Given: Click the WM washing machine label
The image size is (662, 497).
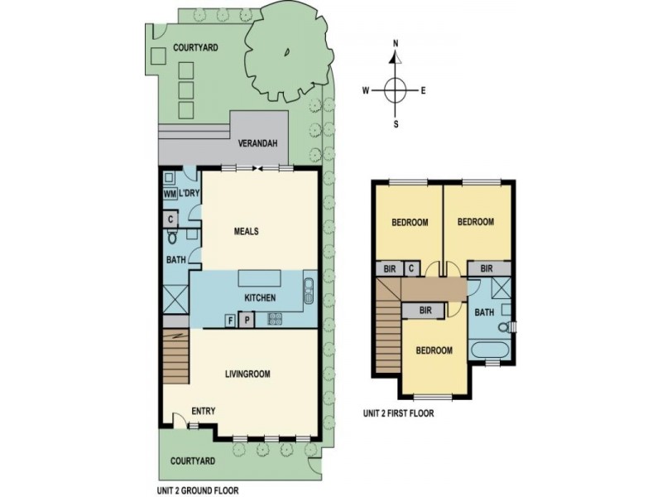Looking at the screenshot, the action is (170, 194).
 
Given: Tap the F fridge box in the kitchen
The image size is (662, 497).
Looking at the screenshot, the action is (230, 321).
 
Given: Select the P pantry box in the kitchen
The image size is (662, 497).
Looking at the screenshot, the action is (247, 320).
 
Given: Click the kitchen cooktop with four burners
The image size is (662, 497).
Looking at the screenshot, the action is (275, 319).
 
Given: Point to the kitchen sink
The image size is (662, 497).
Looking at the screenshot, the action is (309, 291).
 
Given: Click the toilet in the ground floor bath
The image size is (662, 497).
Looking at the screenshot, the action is (172, 237).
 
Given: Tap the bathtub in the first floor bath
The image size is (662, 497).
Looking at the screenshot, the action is (490, 350).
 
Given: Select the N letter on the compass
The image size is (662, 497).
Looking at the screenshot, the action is (396, 44).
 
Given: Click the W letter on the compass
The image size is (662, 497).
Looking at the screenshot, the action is (366, 90).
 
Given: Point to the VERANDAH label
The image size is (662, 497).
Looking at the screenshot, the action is (257, 143).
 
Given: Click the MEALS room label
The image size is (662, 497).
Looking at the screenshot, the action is (246, 231).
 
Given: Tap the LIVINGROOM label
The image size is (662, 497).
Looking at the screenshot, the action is (247, 374).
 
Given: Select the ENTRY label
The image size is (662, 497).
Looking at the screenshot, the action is (204, 411).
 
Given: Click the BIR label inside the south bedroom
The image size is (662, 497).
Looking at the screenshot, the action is (425, 311).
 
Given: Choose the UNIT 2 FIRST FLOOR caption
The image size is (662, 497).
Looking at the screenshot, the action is (399, 413).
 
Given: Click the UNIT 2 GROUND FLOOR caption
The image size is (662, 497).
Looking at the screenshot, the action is (198, 490).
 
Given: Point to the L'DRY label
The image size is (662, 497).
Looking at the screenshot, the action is (189, 194).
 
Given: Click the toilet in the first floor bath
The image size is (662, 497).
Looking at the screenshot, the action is (505, 327).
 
